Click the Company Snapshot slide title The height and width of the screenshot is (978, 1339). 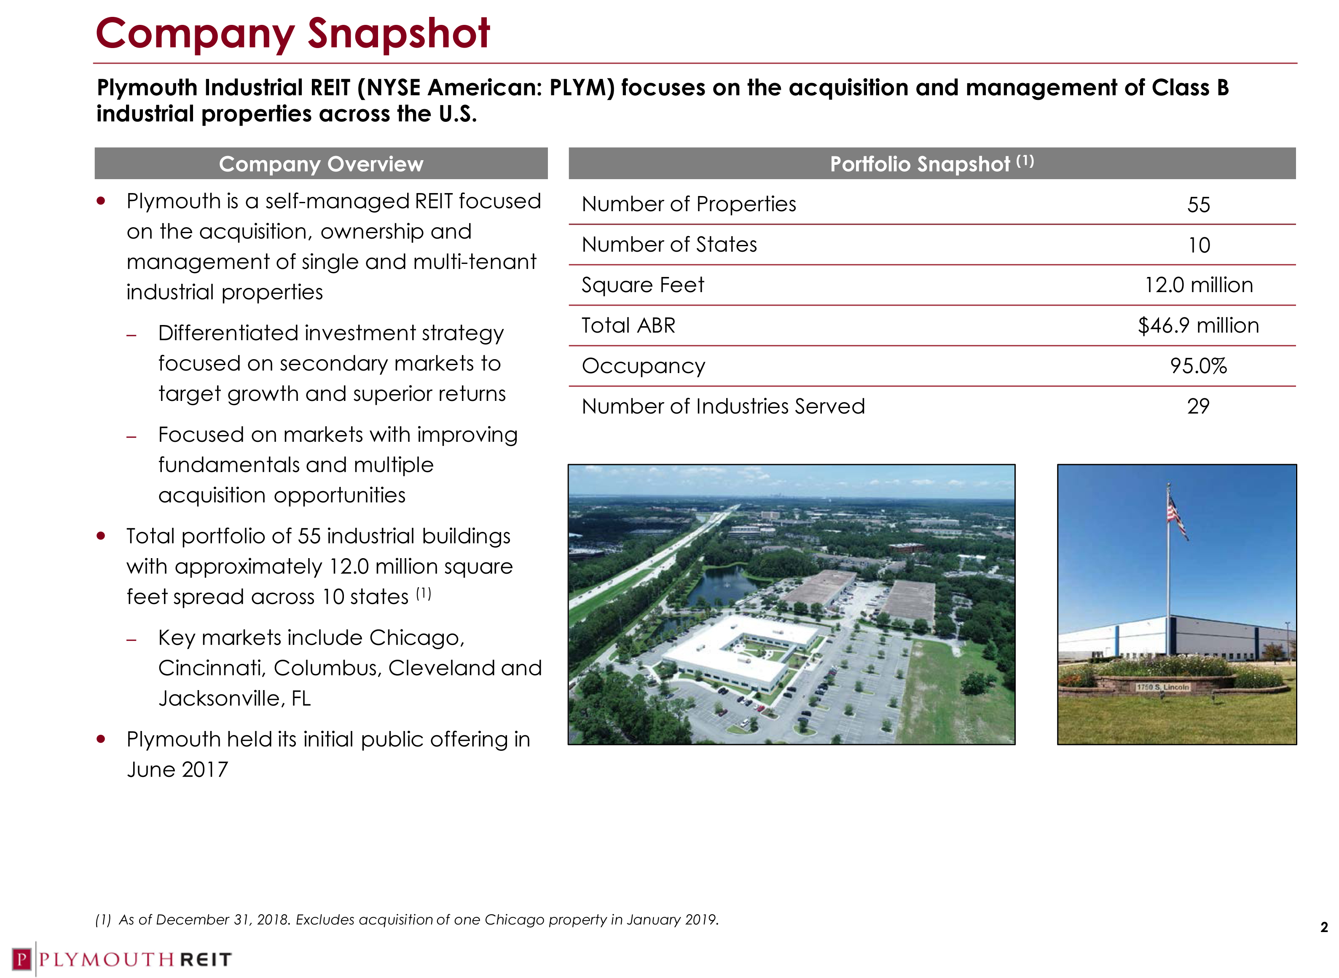(292, 34)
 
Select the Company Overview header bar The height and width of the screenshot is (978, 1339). (321, 164)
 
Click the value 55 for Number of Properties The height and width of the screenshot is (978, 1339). (1198, 205)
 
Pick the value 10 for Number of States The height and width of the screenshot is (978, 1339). (1199, 245)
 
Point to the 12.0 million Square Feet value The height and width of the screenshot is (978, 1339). (1198, 285)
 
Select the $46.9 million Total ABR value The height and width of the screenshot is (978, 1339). (1198, 325)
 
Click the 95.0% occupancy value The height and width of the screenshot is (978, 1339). (1198, 366)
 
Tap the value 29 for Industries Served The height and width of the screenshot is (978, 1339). (1198, 406)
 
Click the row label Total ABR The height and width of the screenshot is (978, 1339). (628, 325)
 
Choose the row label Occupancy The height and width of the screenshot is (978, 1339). (644, 366)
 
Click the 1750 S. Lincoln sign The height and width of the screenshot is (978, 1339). (1162, 687)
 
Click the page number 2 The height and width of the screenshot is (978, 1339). (1323, 927)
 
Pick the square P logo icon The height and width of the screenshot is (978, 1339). (22, 959)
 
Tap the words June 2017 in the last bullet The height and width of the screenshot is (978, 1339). (177, 770)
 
